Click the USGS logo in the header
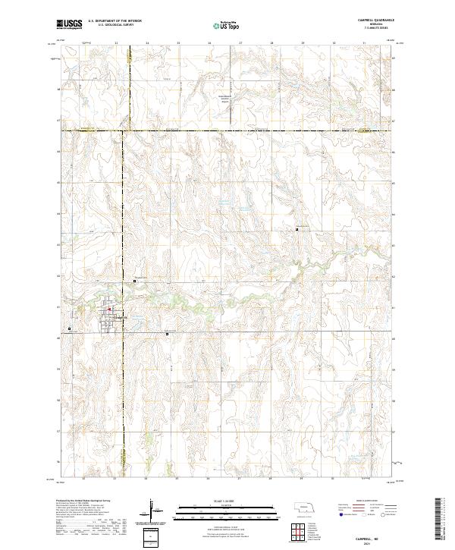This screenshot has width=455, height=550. coord(69,24)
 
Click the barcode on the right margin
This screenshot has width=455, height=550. coord(438,521)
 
